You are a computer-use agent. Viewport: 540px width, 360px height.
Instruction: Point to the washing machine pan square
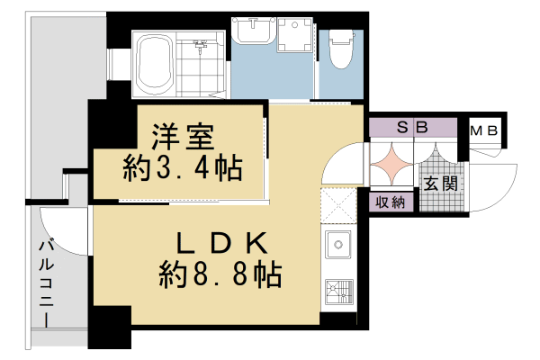(290, 41)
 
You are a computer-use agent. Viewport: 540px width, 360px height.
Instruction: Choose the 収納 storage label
(390, 202)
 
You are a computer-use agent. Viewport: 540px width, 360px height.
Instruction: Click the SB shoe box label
(412, 128)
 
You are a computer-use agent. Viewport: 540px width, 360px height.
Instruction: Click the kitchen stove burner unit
(338, 293)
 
